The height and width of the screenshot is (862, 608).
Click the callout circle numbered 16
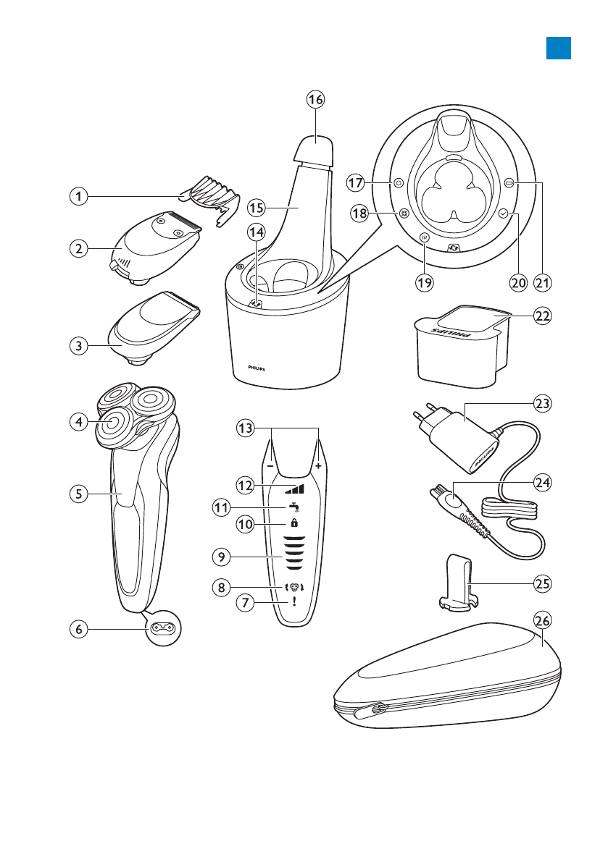[314, 101]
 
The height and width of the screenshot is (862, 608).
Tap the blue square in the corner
[559, 47]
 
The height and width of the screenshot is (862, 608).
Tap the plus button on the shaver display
[317, 467]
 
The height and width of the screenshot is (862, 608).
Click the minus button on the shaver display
[270, 467]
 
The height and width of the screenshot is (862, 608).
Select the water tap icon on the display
[293, 507]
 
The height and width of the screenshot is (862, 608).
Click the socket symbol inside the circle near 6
[163, 630]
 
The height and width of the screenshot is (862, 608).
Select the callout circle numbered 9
[222, 557]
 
